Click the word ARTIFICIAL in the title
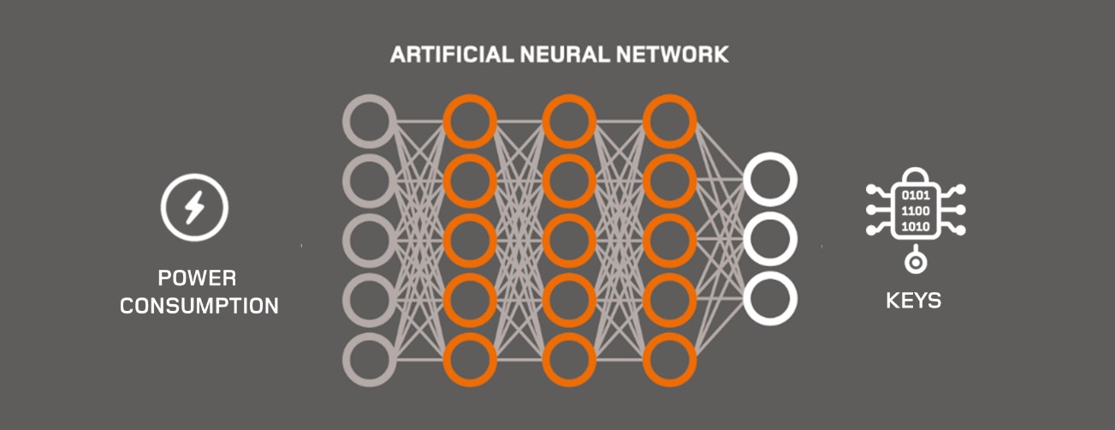coord(452,54)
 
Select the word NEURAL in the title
coord(565,54)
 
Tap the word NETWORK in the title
coord(673,54)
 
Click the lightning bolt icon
coord(194,207)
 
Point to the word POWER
coord(197,278)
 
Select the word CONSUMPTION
coord(199,306)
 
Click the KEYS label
coord(914,301)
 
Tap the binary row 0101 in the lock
coord(916,195)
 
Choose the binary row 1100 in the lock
coord(916,211)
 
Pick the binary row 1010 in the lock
coord(916,227)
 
